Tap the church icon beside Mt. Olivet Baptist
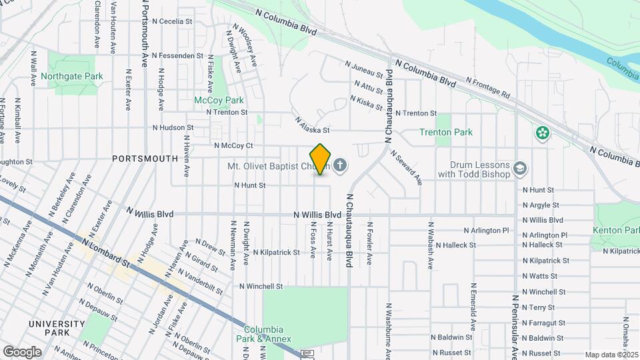point(341,165)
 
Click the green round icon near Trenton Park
point(542,133)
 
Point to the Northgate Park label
point(72,76)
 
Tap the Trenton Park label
point(446,132)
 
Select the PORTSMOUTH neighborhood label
point(145,159)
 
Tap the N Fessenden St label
point(177,55)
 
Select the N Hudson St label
point(173,127)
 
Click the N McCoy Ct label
point(233,145)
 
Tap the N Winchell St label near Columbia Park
point(261,286)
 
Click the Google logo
point(22,351)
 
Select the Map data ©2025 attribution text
point(611,355)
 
